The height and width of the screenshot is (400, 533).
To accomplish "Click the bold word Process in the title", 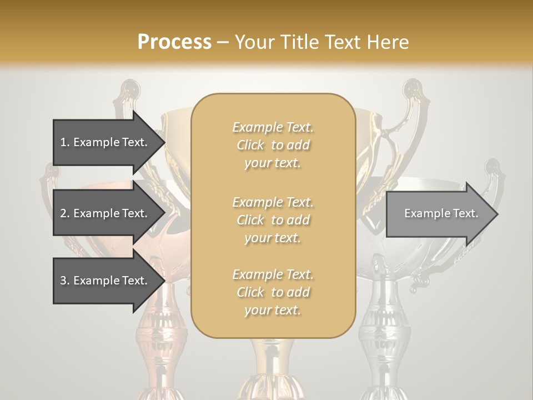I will [174, 42].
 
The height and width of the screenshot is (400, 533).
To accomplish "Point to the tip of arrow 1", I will [164, 142].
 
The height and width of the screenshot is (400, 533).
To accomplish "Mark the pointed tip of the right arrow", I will [497, 214].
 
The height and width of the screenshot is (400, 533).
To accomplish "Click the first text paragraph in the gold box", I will [273, 145].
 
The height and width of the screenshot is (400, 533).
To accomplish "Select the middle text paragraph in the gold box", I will [273, 220].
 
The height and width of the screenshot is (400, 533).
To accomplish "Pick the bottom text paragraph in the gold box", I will [273, 292].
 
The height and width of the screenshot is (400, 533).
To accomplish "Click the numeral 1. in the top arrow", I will [64, 142].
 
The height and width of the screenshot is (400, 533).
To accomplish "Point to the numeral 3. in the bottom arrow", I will [64, 281].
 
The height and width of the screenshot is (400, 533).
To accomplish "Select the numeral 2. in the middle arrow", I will [64, 213].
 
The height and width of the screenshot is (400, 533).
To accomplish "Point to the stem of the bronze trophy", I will [161, 339].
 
